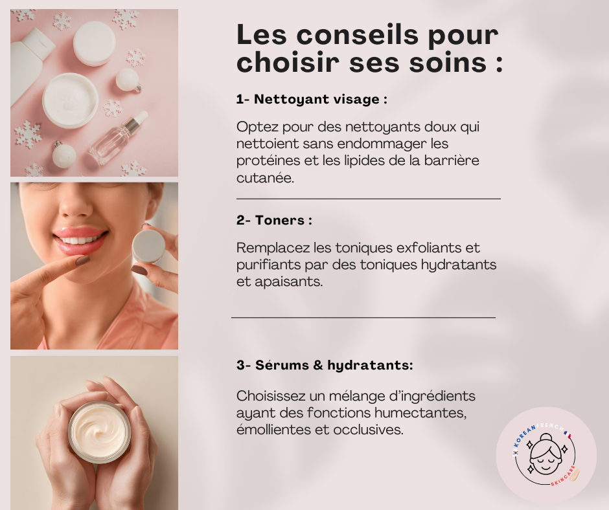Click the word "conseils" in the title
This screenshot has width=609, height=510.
358,35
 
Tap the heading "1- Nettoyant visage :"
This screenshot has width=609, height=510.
312,100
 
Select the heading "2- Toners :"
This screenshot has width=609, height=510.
274,221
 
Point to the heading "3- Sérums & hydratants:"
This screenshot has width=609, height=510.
325,365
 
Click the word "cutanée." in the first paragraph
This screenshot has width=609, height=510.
265,178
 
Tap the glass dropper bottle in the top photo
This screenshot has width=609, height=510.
118,138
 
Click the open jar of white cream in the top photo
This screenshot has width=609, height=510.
71,100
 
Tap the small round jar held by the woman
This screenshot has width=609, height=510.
149,246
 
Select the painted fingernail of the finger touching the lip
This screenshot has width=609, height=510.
82,260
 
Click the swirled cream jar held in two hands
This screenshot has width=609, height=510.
100,432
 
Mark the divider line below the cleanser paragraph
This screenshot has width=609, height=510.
369,199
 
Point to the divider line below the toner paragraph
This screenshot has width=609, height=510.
363,318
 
